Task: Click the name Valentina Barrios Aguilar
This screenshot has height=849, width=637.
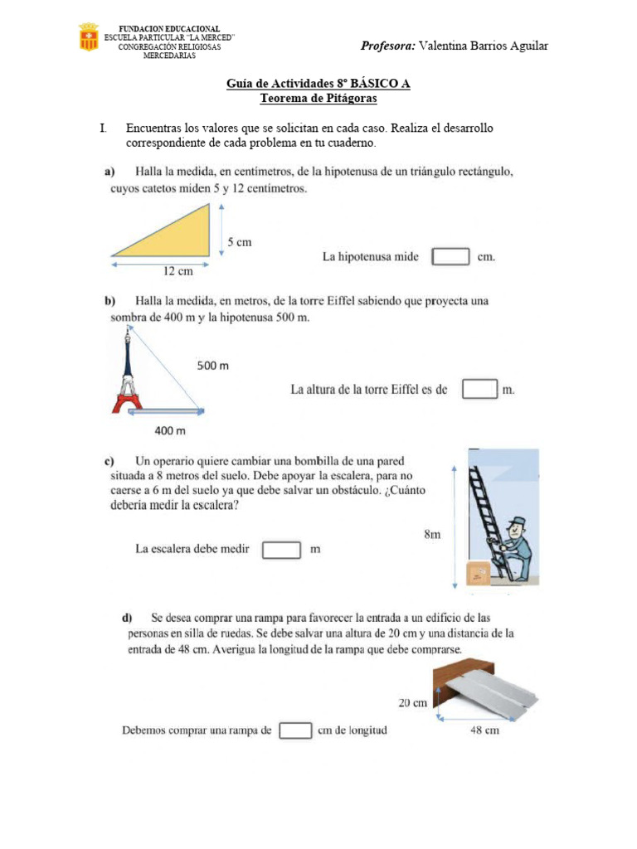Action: [x=484, y=46]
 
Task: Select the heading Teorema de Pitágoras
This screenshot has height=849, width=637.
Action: [x=318, y=99]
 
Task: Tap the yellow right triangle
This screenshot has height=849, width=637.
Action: [x=177, y=236]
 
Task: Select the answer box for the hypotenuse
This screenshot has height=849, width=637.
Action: [x=450, y=256]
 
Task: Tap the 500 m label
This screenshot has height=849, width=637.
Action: [x=212, y=366]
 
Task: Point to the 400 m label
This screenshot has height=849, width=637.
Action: [x=169, y=430]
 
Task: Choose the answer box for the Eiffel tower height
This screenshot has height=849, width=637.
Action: [x=479, y=389]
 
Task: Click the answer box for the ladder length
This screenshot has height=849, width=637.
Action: [x=280, y=550]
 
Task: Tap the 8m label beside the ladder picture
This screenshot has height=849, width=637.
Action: [x=432, y=535]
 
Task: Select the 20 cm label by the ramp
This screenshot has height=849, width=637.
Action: [x=412, y=703]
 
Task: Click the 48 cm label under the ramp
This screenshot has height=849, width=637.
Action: [x=484, y=730]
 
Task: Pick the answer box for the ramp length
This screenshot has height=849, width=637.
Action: [x=294, y=730]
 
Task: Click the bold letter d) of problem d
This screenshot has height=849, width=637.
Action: [x=128, y=618]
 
